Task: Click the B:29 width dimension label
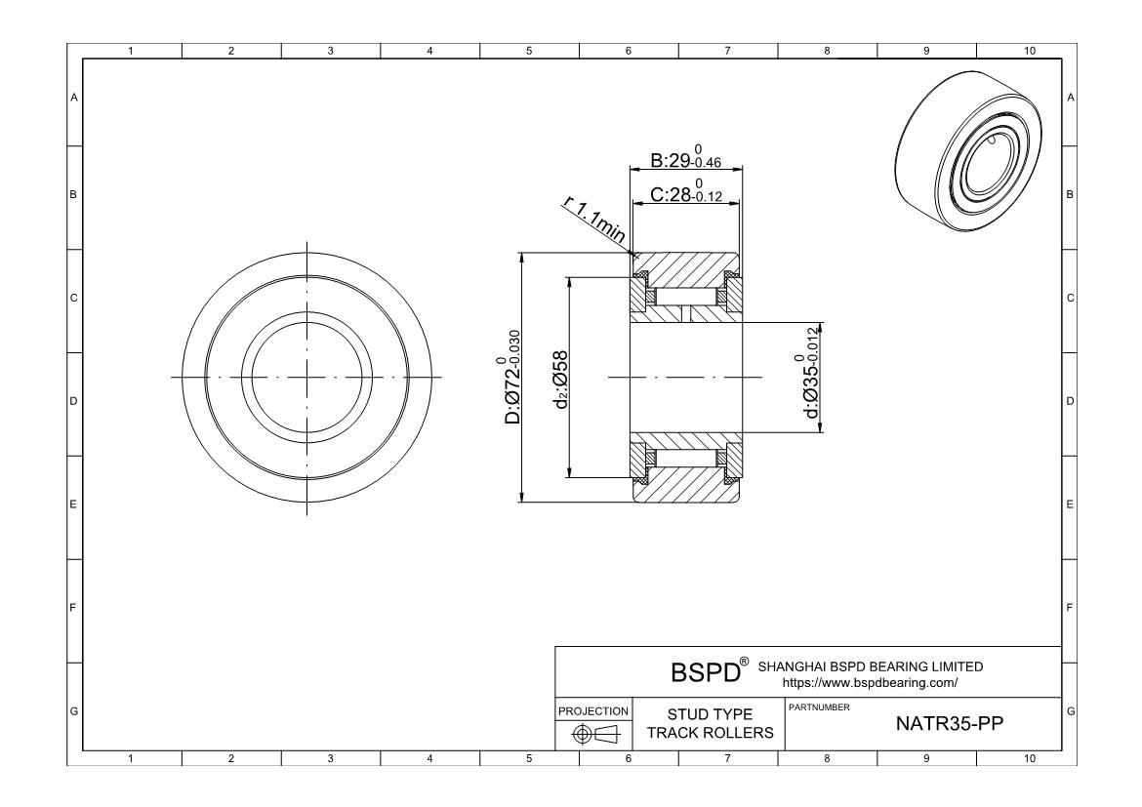(x=685, y=161)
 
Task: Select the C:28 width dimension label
(x=685, y=195)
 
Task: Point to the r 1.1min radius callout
(x=595, y=222)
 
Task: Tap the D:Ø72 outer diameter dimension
(x=511, y=378)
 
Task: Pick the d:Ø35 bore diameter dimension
(x=811, y=376)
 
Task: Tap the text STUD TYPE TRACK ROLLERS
(x=710, y=724)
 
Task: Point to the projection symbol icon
(x=592, y=733)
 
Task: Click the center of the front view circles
(x=306, y=378)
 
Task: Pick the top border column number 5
(x=529, y=51)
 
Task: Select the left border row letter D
(x=74, y=401)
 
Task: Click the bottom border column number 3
(x=330, y=758)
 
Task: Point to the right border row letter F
(x=1070, y=608)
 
